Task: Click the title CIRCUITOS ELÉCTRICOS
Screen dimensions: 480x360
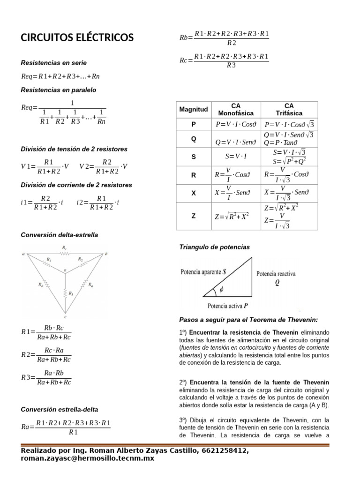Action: pos(77,38)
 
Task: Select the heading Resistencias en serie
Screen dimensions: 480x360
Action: pos(54,62)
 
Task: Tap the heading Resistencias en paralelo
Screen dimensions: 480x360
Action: pos(58,90)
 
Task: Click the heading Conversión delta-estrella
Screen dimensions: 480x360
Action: pos(60,234)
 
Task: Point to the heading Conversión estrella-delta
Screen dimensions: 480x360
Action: pos(60,409)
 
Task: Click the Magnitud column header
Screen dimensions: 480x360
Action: pos(193,109)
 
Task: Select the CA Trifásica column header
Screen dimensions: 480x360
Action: pos(289,109)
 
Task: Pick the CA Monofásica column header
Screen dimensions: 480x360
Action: pos(236,109)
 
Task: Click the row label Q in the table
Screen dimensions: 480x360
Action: pos(193,139)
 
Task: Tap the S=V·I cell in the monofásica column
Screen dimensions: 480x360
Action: pos(236,157)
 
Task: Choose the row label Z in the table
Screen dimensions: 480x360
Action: pos(193,216)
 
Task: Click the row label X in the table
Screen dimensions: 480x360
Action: pos(193,193)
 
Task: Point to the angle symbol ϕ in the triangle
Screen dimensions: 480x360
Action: pos(221,290)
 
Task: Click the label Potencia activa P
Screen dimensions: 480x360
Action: pos(227,306)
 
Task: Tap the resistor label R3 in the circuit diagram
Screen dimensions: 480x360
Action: pos(71,293)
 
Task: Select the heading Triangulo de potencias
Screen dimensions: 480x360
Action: pos(215,247)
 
